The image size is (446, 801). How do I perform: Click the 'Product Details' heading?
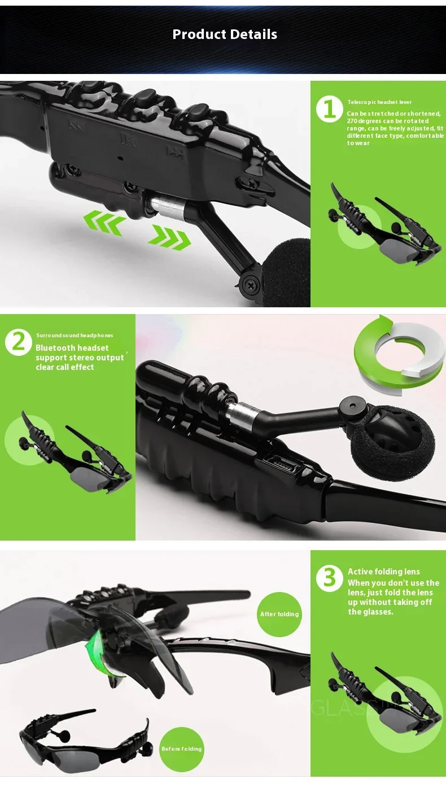225,34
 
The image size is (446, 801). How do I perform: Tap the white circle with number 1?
330,109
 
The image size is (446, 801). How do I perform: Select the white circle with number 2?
19,342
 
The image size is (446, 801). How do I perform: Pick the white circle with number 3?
330,578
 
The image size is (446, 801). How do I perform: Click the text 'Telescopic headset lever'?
379,102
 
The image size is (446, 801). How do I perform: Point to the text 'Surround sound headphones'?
75,336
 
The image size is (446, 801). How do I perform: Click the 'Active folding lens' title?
384,572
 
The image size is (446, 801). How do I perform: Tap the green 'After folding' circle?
279,615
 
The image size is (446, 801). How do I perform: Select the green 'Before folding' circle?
182,749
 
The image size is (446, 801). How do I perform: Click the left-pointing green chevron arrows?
104,222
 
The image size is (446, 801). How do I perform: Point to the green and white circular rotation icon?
399,355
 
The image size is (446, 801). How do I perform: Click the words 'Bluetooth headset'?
72,348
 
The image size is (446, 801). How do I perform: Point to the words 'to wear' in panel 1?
358,143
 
